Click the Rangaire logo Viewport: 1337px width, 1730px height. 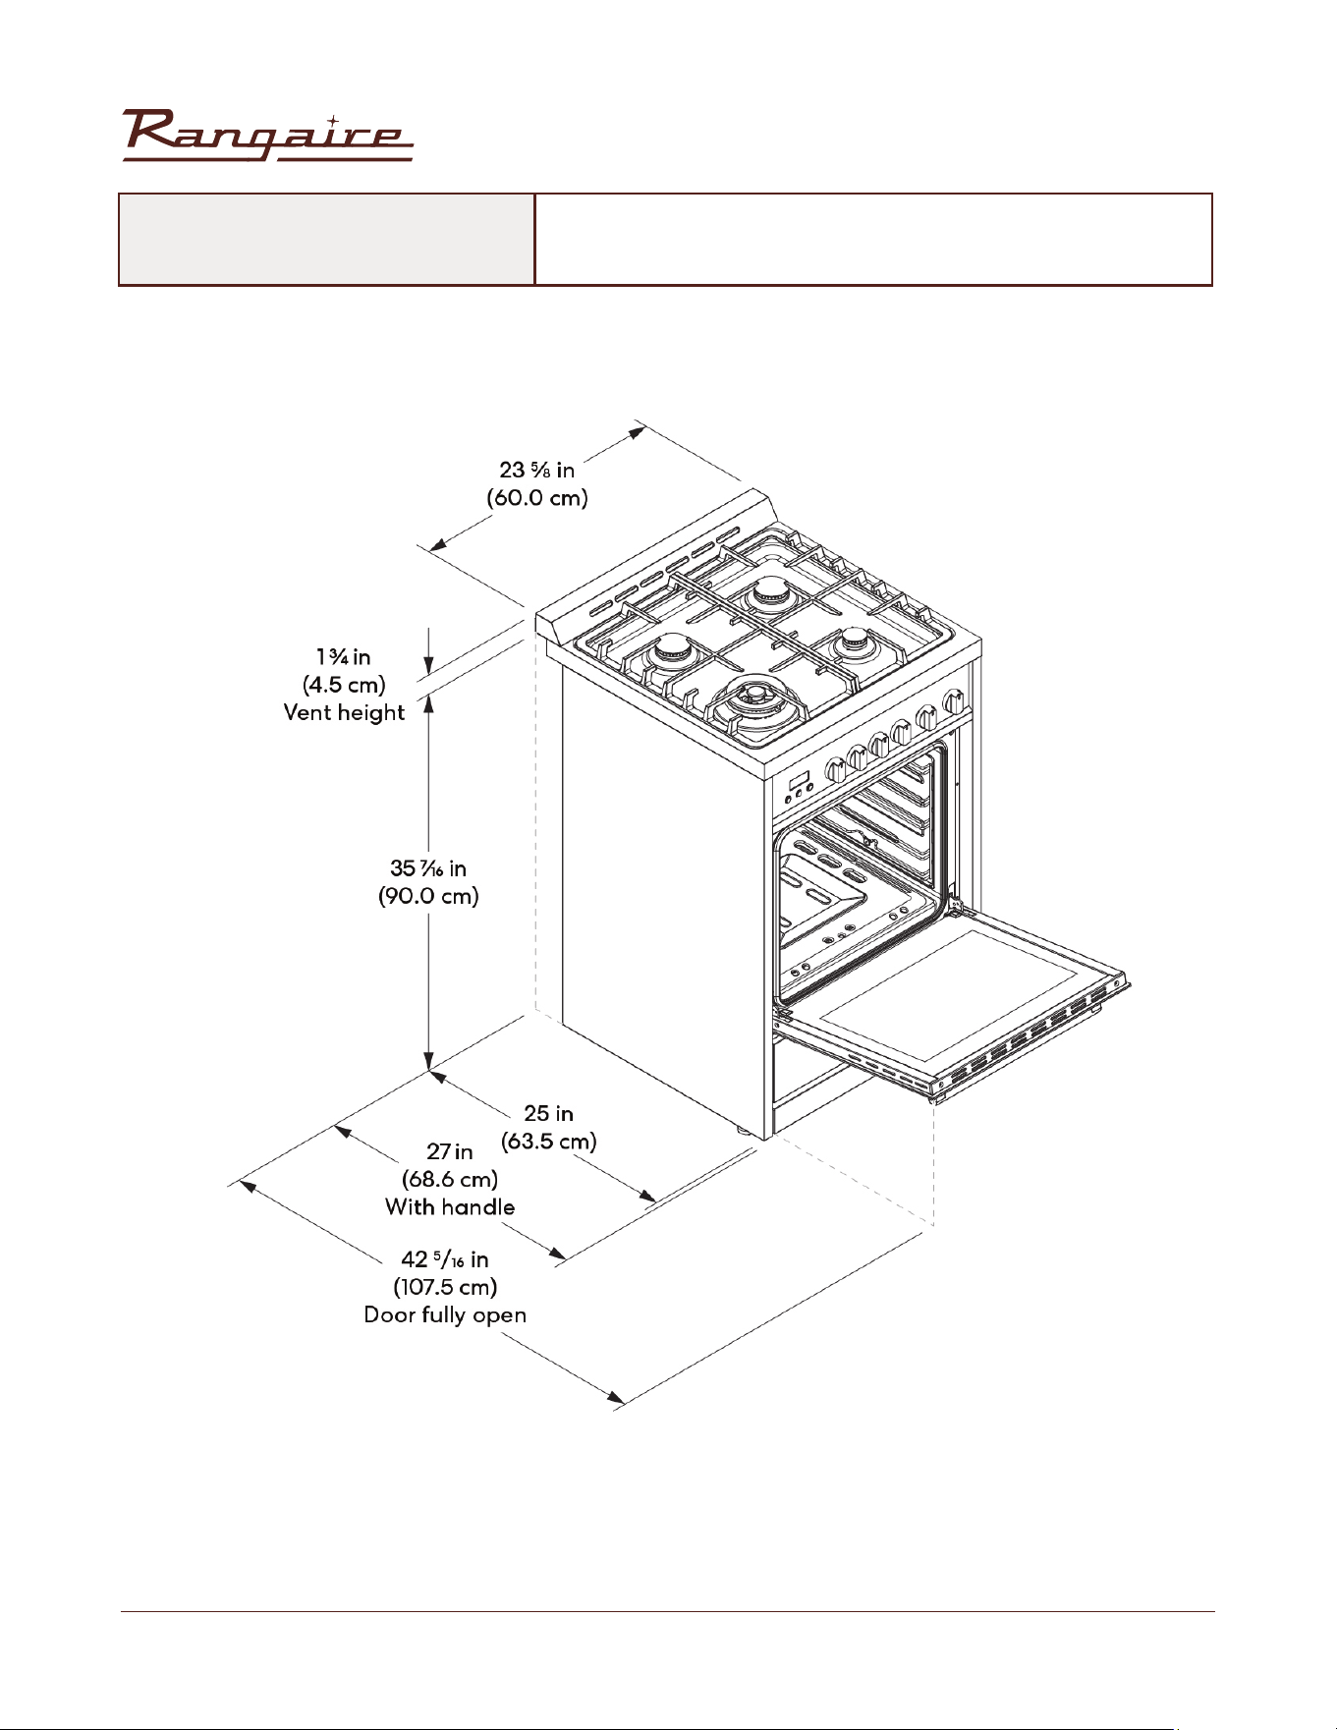(x=267, y=136)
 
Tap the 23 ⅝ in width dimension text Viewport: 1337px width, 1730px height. (x=537, y=470)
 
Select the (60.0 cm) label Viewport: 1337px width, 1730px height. (x=537, y=498)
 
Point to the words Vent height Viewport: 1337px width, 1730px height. (x=344, y=713)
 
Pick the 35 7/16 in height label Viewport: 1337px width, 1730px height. (x=428, y=868)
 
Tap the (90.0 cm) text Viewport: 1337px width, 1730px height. (x=428, y=896)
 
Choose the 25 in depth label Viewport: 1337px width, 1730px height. (x=549, y=1113)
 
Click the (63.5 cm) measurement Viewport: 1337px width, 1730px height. (x=549, y=1142)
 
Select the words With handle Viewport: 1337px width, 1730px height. (x=450, y=1207)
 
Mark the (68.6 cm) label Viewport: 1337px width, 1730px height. (x=450, y=1179)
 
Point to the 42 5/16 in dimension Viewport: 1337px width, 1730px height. (x=445, y=1259)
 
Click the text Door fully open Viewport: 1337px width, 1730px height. (x=445, y=1315)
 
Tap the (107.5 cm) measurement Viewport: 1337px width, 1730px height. (x=445, y=1287)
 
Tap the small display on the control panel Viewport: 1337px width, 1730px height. (x=798, y=785)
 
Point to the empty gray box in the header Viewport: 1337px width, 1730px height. (x=326, y=240)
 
